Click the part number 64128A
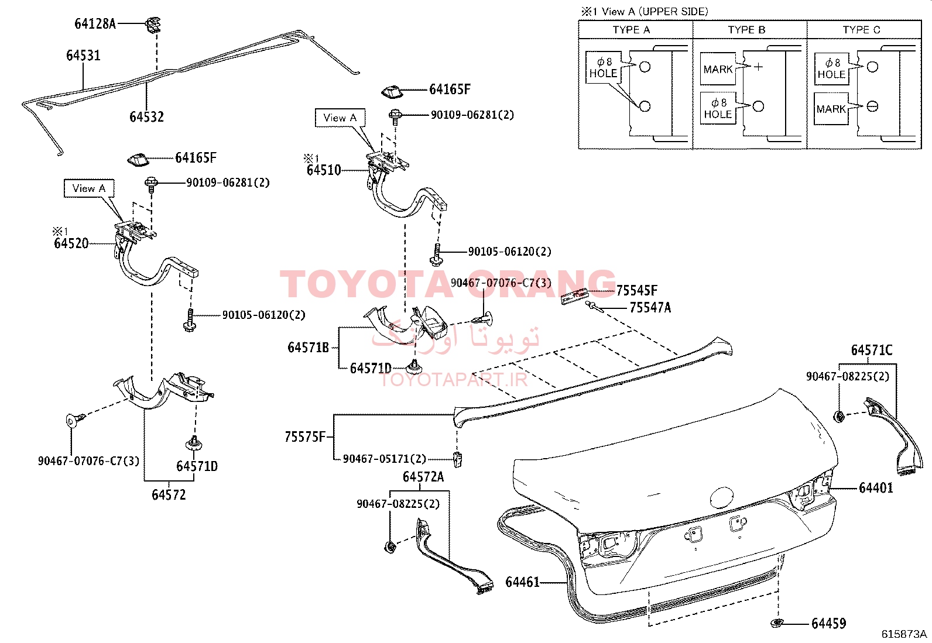[95, 24]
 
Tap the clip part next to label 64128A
[153, 25]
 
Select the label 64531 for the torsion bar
[83, 56]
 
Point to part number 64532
[146, 117]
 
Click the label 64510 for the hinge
[324, 170]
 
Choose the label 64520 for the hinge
[71, 243]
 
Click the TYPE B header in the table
[746, 30]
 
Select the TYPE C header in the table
[861, 30]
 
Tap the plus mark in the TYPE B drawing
[759, 67]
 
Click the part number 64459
[829, 624]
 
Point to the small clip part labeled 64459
[776, 623]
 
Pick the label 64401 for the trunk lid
[876, 487]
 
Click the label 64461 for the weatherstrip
[523, 582]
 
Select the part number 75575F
[305, 436]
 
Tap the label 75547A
[650, 308]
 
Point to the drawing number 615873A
[904, 634]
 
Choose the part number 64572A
[423, 477]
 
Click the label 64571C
[872, 350]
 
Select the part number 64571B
[309, 348]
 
